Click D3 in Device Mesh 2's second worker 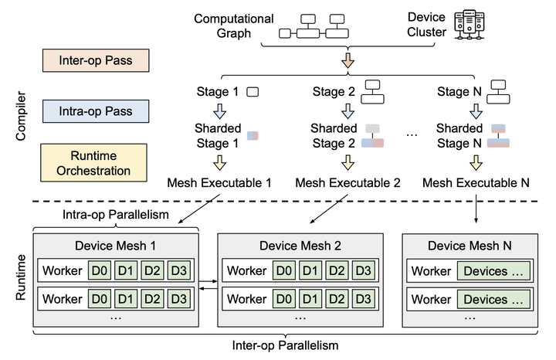(x=364, y=298)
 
